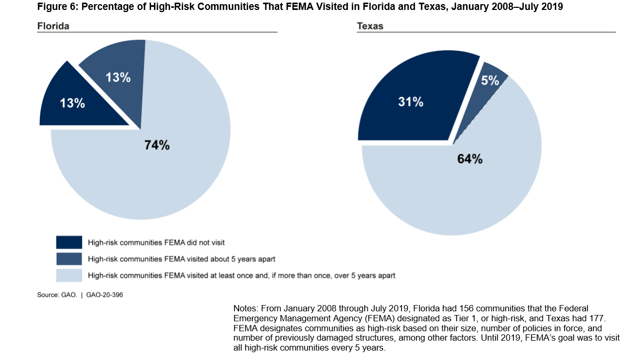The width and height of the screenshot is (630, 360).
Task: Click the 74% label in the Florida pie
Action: [157, 145]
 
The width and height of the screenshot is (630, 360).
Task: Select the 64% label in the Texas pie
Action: [469, 159]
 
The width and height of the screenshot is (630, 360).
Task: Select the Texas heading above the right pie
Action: [370, 26]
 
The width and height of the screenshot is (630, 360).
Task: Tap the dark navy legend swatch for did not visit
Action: [69, 242]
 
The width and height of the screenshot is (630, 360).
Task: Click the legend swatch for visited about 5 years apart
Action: [69, 258]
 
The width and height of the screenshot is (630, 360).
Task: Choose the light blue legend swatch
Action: [69, 275]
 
